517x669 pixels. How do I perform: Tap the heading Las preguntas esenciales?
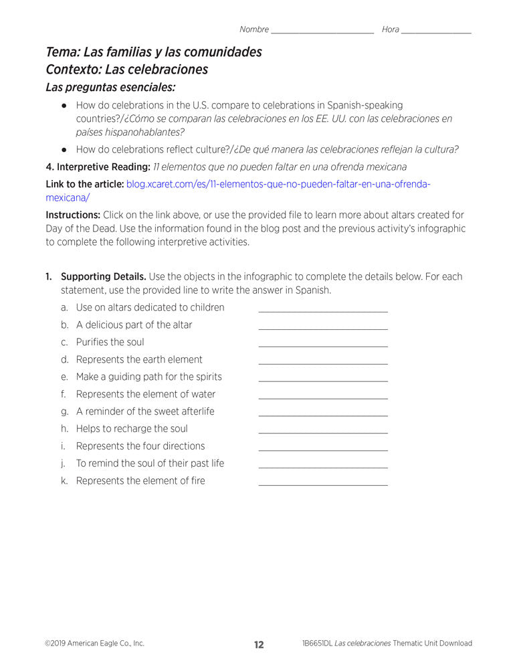(x=110, y=87)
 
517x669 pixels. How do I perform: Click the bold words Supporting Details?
(x=103, y=276)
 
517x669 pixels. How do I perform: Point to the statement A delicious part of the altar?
(x=134, y=324)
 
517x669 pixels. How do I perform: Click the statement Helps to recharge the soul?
(x=132, y=429)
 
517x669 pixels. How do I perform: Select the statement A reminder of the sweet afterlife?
(x=145, y=411)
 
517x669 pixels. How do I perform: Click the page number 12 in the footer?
(x=259, y=645)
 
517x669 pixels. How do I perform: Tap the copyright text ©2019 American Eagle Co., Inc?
(x=94, y=644)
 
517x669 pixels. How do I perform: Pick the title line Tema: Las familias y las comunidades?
(x=154, y=52)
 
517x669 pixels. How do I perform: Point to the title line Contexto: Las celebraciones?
(x=126, y=70)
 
